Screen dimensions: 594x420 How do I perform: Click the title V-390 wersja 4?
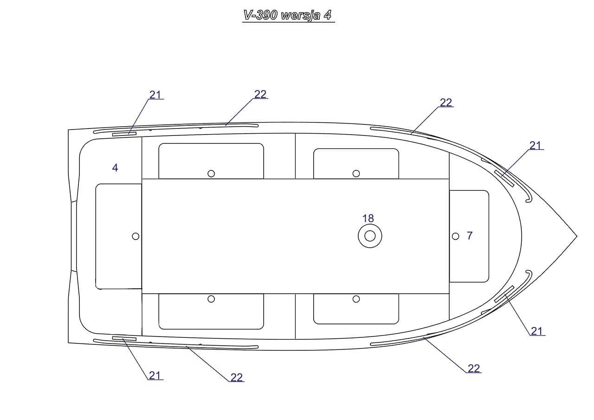point(288,15)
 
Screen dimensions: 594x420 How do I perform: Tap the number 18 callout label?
point(368,219)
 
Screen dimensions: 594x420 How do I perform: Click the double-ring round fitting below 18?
point(370,236)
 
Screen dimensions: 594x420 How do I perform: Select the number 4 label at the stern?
point(115,168)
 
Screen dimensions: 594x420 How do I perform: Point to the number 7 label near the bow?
point(470,235)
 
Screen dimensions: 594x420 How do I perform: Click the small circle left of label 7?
point(456,236)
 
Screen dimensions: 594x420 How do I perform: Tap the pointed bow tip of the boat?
point(577,236)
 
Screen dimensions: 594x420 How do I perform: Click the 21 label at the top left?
point(155,95)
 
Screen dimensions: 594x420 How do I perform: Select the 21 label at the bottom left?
point(155,375)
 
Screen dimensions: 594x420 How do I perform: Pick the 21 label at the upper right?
point(536,145)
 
